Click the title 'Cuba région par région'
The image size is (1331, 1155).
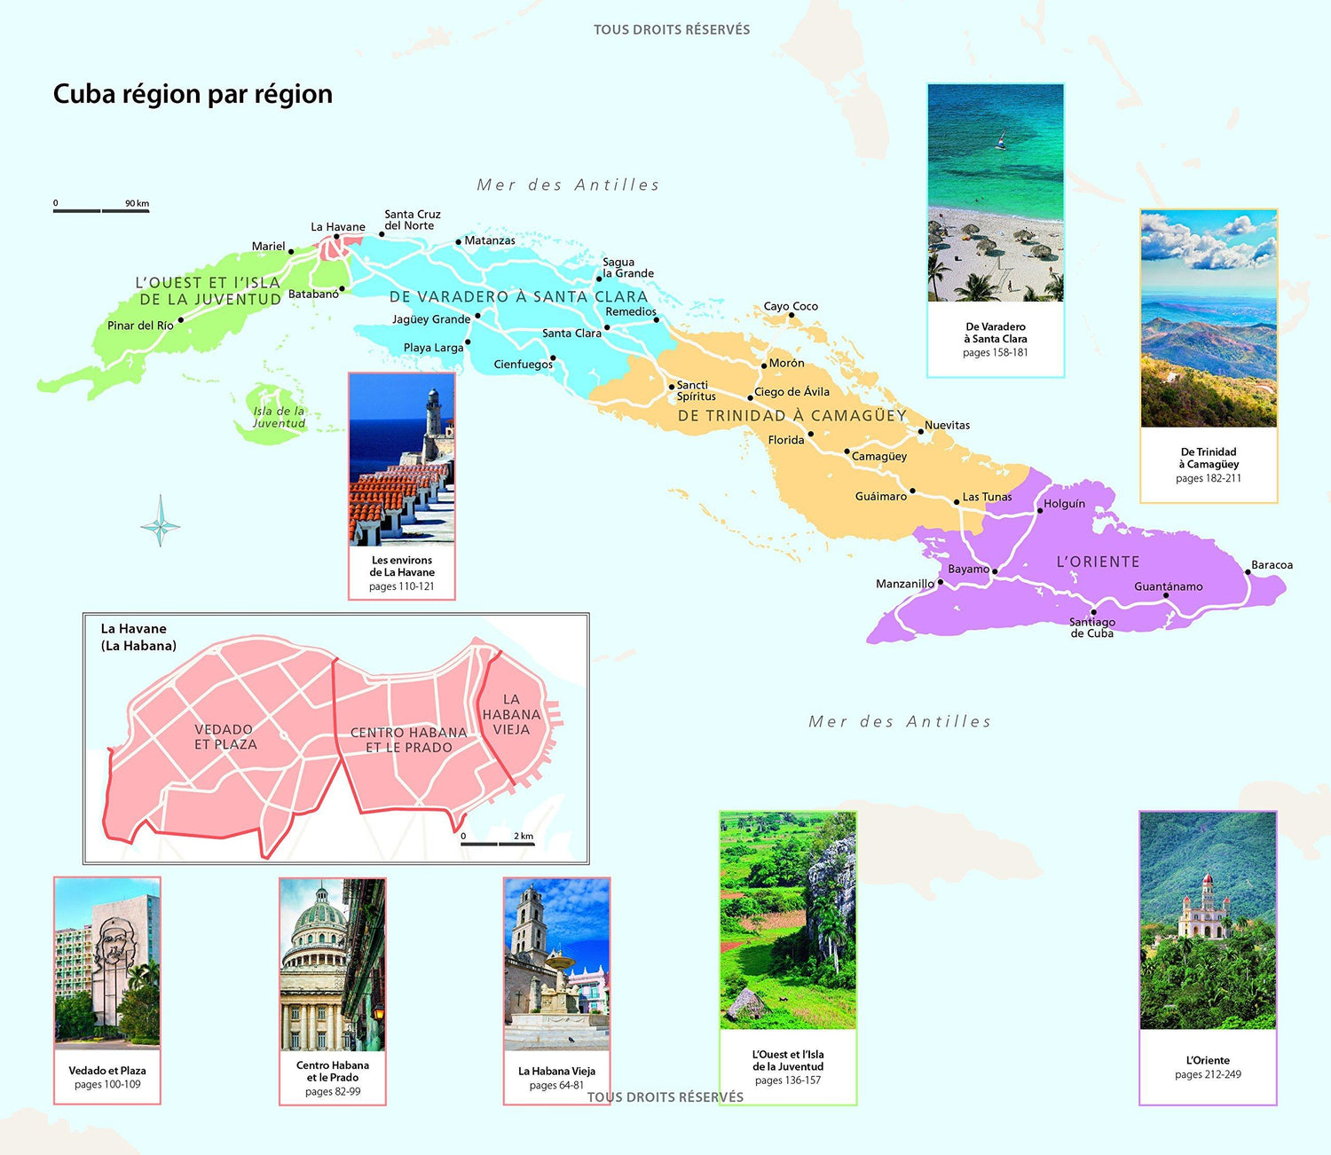tap(193, 94)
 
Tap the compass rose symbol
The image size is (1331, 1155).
tap(161, 521)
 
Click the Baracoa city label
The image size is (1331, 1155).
tap(1272, 565)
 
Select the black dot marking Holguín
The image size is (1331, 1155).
tap(1040, 510)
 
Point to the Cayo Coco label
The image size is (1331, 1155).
tap(791, 306)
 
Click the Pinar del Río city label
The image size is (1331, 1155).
tap(140, 326)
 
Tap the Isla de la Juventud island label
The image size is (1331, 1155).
tap(279, 417)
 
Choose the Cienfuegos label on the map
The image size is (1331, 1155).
tap(523, 365)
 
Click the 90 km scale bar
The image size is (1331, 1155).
tap(101, 210)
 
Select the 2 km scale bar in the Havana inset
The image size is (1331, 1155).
tap(497, 843)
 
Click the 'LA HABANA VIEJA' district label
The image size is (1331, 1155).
tap(511, 714)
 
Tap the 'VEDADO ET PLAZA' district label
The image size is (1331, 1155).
tap(225, 737)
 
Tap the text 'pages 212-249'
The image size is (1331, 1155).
tap(1208, 1074)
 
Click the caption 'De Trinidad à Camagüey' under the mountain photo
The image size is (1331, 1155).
tap(1209, 458)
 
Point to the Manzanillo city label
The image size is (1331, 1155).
tap(904, 584)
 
